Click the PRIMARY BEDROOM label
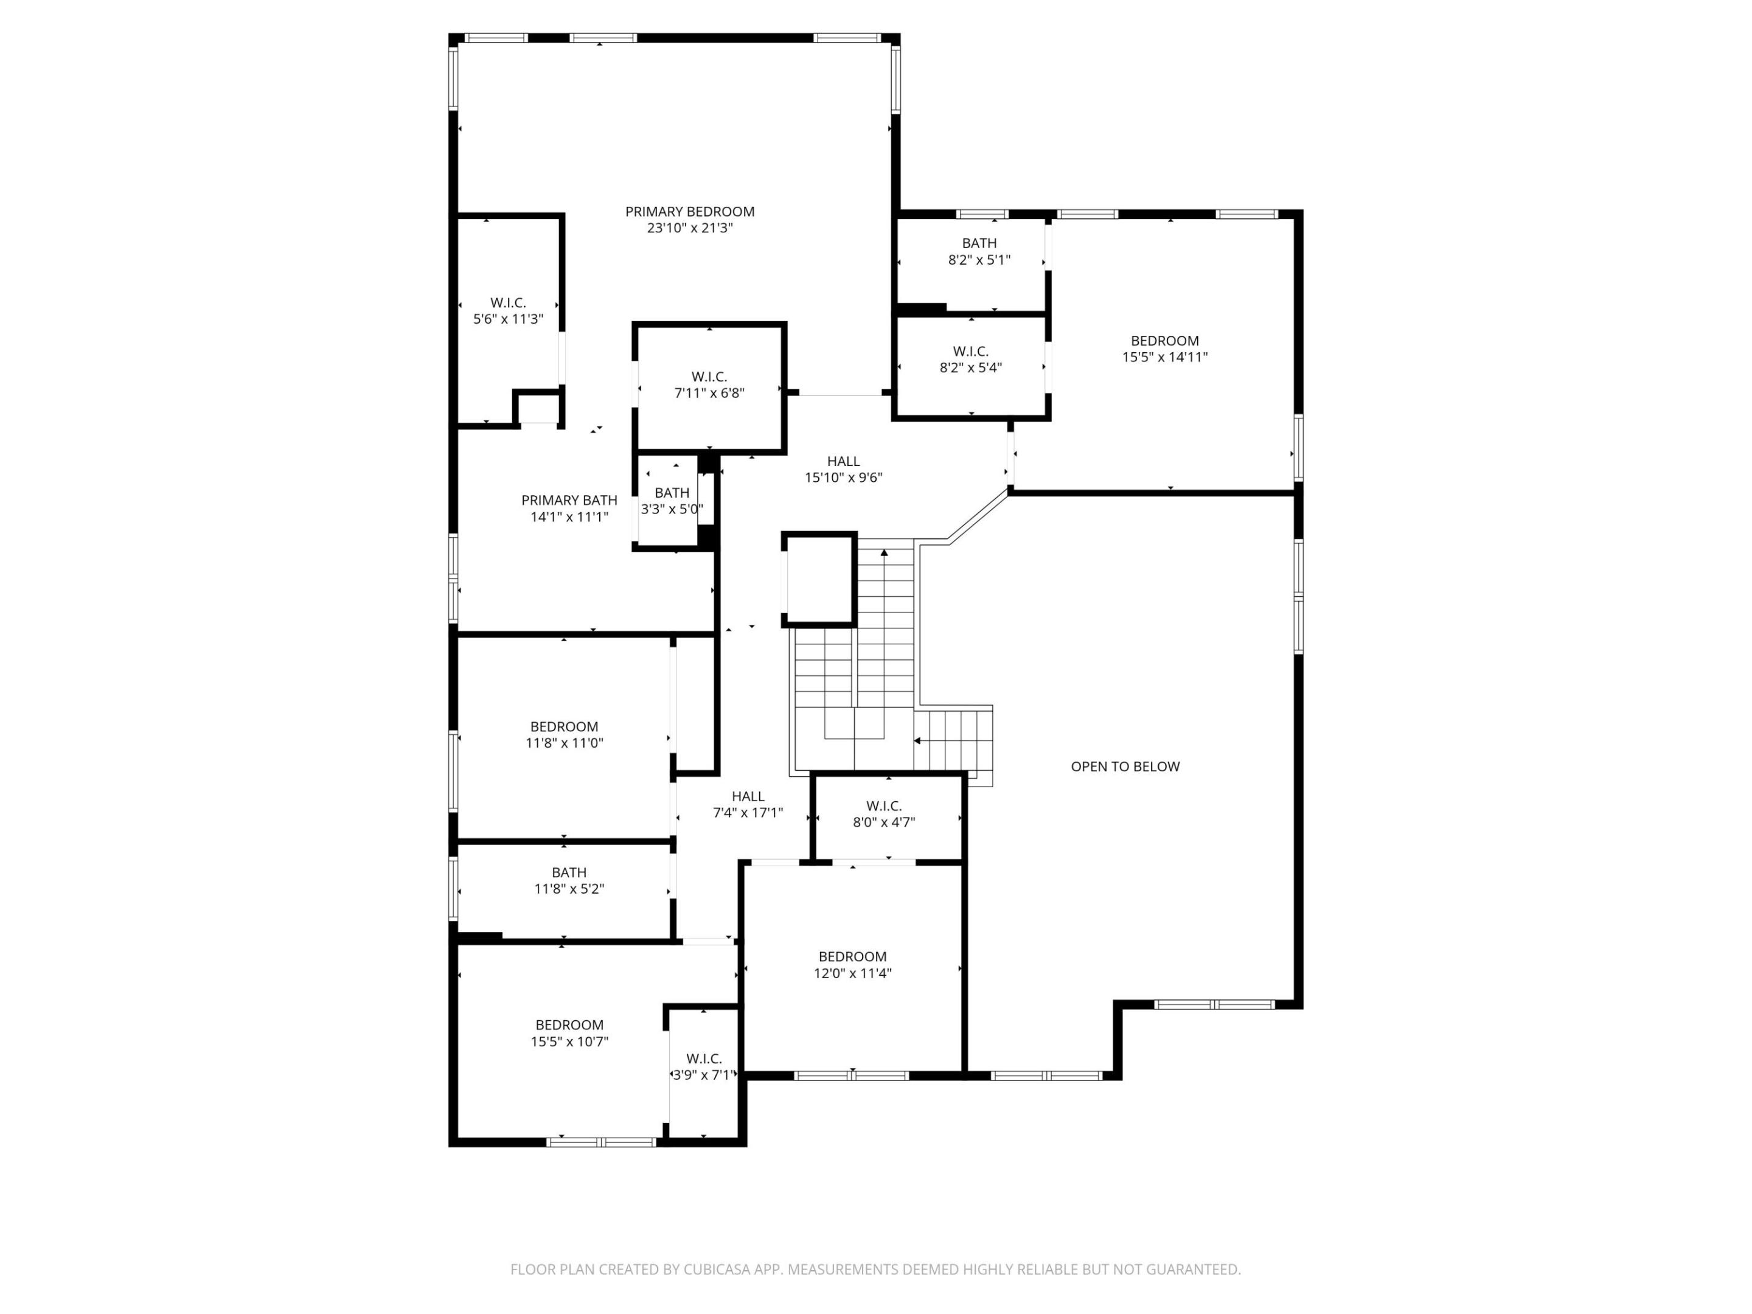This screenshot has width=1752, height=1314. [x=689, y=212]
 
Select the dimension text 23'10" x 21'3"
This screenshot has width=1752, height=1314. [x=689, y=228]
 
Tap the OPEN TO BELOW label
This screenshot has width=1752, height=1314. [x=1125, y=766]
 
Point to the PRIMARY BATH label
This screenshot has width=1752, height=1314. [x=569, y=500]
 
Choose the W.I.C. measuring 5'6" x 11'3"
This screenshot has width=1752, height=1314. [x=508, y=310]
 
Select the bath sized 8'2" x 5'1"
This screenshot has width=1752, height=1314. [x=979, y=251]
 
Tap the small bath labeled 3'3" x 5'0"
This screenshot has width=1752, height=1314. [x=672, y=501]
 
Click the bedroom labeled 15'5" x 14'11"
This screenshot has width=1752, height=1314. [x=1164, y=349]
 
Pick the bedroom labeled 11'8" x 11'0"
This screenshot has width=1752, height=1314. [x=564, y=734]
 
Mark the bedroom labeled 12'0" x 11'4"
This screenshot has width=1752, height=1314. [x=852, y=965]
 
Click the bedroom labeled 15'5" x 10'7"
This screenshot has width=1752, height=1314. [x=569, y=1033]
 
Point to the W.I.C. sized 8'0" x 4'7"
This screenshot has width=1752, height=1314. [x=884, y=813]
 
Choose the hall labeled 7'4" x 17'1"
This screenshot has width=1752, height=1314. [x=748, y=804]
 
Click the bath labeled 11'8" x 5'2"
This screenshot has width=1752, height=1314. [x=569, y=880]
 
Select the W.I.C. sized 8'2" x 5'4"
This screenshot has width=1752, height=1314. [x=970, y=359]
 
